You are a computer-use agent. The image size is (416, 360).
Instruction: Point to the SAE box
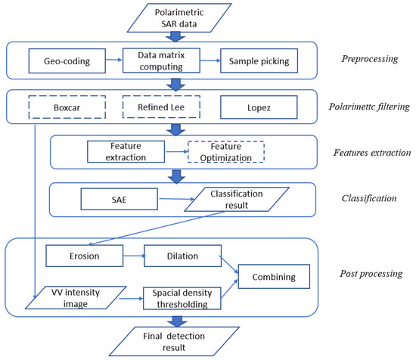114,200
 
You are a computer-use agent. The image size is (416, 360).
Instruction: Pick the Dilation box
182,256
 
